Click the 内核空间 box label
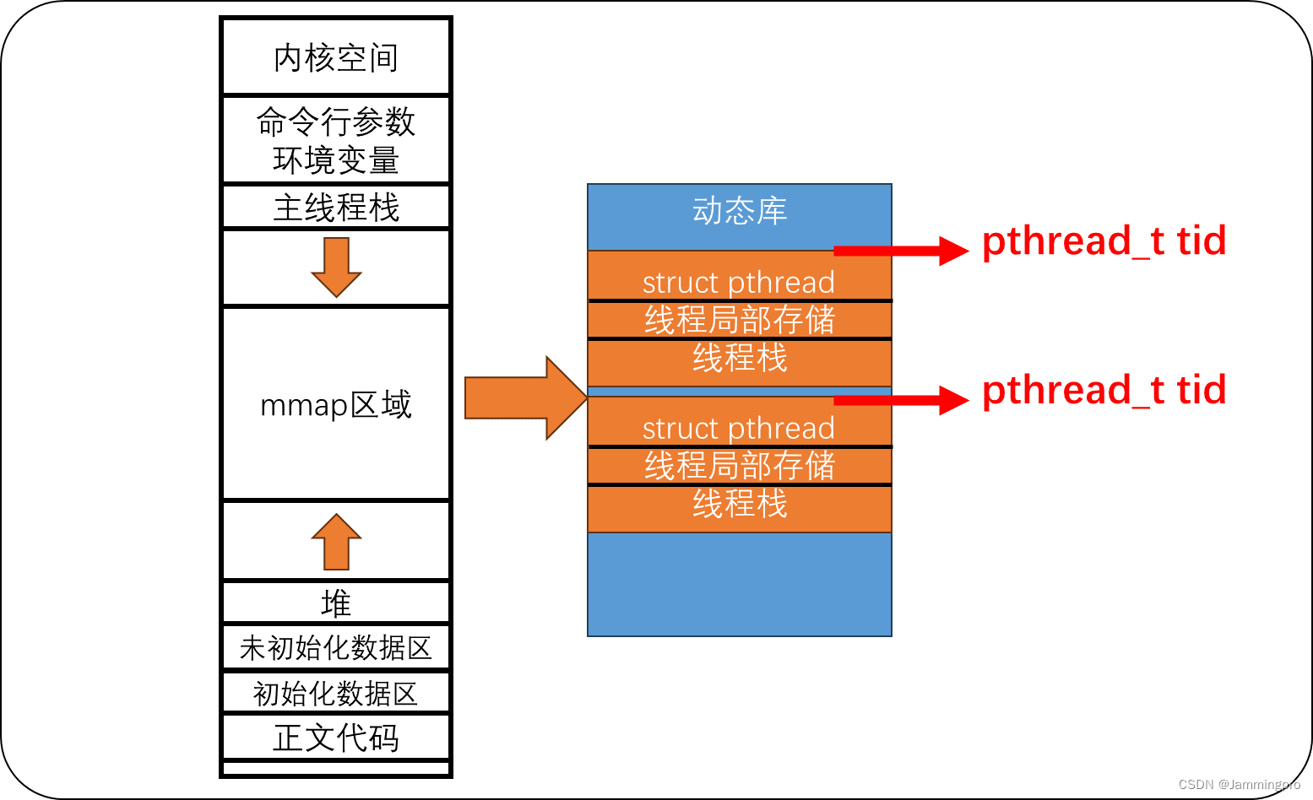click(336, 58)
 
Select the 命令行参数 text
click(336, 122)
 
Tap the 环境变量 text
click(336, 160)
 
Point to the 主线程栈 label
click(336, 208)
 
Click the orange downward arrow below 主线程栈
click(336, 267)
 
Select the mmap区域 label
click(336, 405)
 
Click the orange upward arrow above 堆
click(336, 542)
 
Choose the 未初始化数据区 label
click(336, 648)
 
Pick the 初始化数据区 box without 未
click(336, 694)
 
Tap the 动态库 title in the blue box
click(740, 211)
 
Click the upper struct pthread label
click(739, 282)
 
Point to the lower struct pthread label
click(739, 428)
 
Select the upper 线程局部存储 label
click(740, 320)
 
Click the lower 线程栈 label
click(740, 504)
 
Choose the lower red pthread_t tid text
click(1104, 391)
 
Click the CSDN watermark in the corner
click(1239, 785)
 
